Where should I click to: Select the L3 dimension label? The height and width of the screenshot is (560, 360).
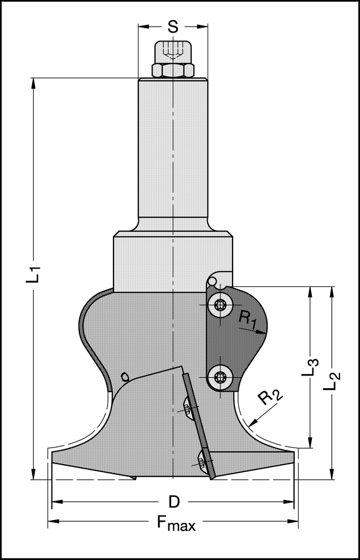pos(312,368)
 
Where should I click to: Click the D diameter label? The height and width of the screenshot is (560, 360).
pos(173,502)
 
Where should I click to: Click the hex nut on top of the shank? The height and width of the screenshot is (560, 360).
pos(173,70)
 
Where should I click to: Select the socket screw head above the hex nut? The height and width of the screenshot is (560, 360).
pos(173,53)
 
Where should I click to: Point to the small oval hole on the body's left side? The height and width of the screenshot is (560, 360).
pos(125,377)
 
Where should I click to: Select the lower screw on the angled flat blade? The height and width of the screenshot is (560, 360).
pos(203,459)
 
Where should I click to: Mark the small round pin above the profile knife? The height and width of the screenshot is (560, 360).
pos(213,282)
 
